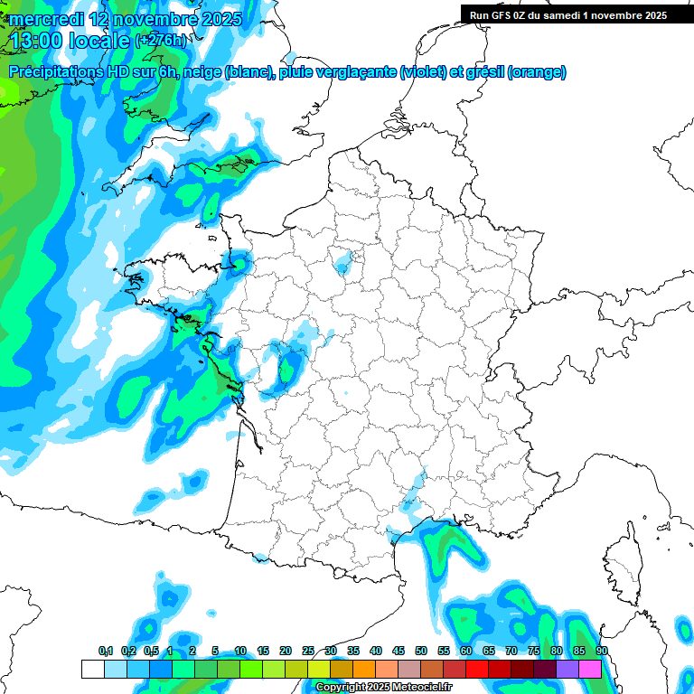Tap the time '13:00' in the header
[x=42, y=40]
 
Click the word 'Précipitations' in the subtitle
[x=55, y=72]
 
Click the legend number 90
[x=601, y=651]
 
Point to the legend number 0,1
[x=105, y=651]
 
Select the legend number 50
[x=421, y=651]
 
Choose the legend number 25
[x=308, y=651]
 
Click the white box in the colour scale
[x=92, y=669]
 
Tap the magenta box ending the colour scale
[x=590, y=669]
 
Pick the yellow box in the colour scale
[x=318, y=669]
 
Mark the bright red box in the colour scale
[x=477, y=669]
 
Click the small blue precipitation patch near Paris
[x=344, y=263]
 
